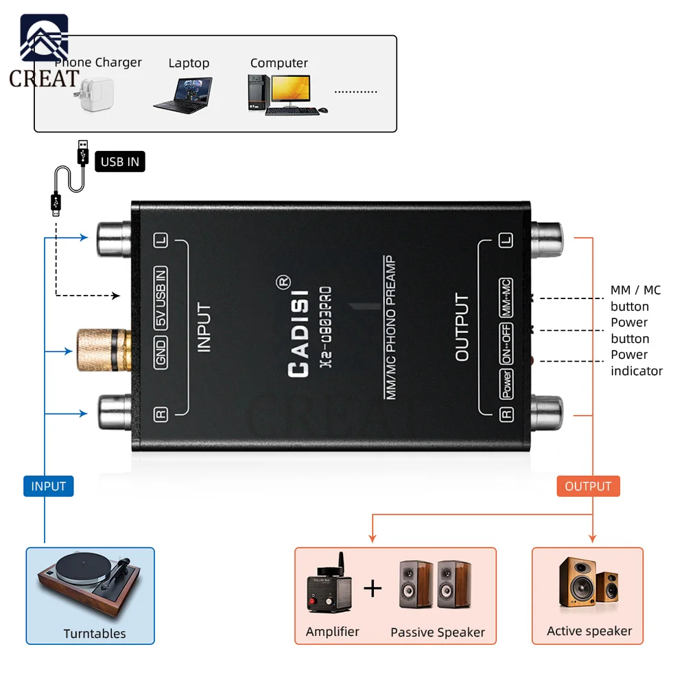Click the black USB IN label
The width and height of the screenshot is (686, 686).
coord(120,162)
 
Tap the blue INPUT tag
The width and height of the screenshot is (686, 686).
coord(48,486)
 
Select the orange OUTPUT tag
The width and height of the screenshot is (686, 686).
coord(588,486)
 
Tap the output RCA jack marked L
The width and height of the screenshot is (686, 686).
coord(547,237)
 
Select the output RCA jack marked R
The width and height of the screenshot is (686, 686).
coord(547,412)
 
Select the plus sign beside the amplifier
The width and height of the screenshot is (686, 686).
coord(372,588)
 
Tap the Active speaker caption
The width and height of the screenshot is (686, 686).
coord(589,631)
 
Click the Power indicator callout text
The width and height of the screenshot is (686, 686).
coord(636,363)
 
